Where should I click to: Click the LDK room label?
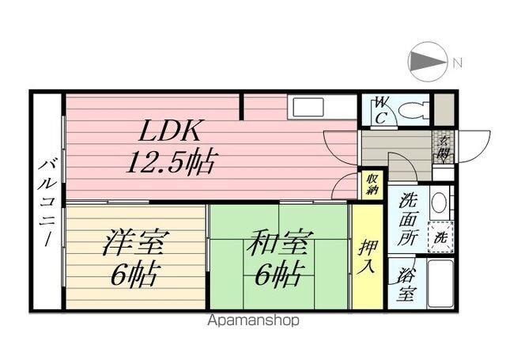click(x=171, y=131)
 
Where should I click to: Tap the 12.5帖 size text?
click(x=171, y=161)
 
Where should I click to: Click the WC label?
click(x=381, y=111)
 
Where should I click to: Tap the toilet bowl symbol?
click(x=413, y=111)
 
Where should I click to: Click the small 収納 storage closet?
click(x=372, y=185)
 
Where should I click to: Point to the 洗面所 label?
click(x=408, y=219)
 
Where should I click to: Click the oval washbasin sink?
click(x=440, y=203)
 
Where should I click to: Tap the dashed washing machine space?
click(x=440, y=237)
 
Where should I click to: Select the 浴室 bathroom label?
click(x=406, y=284)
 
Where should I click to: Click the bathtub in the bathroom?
click(x=440, y=283)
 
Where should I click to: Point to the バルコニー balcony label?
click(x=47, y=202)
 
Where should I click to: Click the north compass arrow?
click(x=429, y=62)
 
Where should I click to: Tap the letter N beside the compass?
click(x=457, y=63)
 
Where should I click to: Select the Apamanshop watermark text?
click(x=253, y=320)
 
